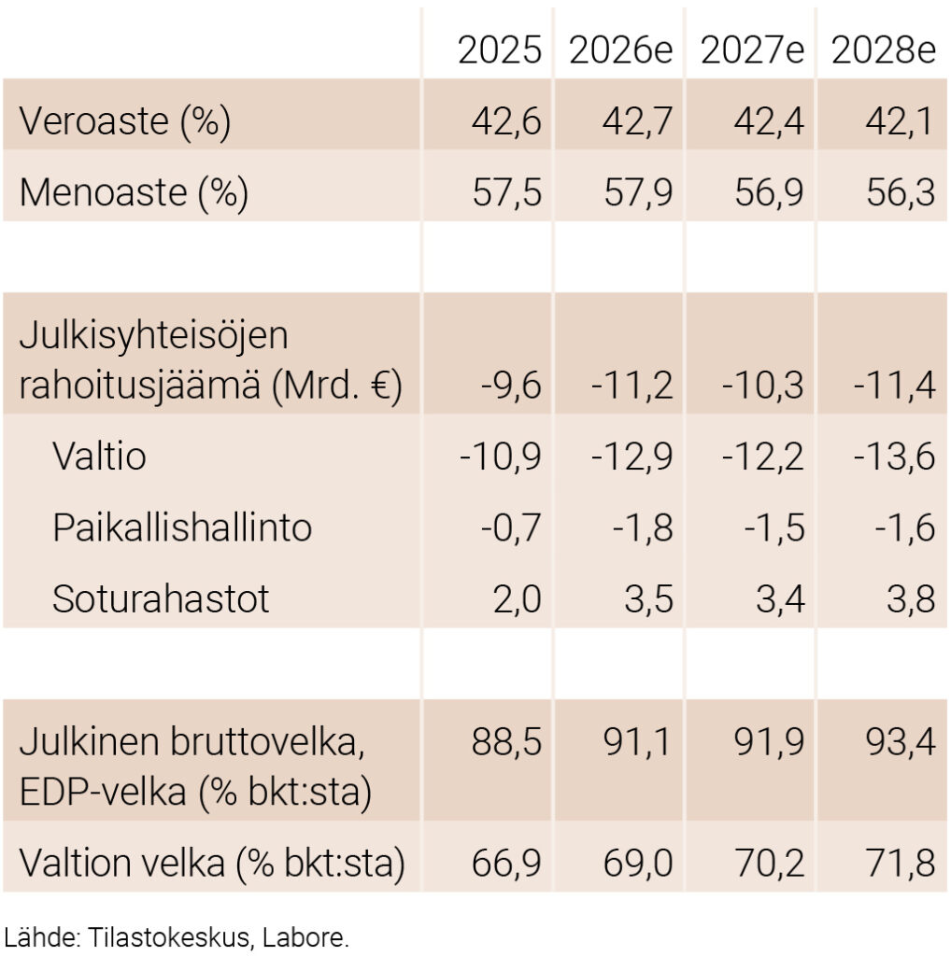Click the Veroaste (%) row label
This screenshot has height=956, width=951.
(125, 122)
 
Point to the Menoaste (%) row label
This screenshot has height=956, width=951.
(134, 193)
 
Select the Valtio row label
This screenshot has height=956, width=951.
(99, 457)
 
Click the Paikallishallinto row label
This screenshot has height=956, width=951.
(182, 527)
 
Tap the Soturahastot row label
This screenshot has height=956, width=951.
(161, 598)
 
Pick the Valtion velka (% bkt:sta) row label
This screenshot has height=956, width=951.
(212, 864)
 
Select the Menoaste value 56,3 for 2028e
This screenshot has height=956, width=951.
(896, 193)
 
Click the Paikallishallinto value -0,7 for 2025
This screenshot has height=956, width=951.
(511, 527)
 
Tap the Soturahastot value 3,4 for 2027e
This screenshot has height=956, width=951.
(781, 598)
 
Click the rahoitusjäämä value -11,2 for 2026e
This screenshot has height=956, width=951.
(632, 385)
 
